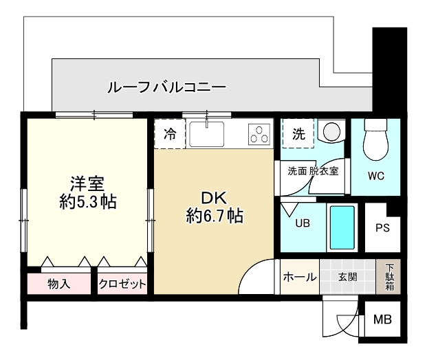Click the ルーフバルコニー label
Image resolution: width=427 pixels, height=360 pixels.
pyautogui.click(x=166, y=87)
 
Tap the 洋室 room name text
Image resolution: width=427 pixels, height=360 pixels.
pyautogui.click(x=87, y=183)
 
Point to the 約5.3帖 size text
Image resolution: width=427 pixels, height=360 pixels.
pyautogui.click(x=87, y=202)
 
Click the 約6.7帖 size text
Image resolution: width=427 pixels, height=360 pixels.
pyautogui.click(x=214, y=216)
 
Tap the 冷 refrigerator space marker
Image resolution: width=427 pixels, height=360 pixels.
pyautogui.click(x=169, y=134)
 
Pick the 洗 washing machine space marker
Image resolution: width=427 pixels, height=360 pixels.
pyautogui.click(x=298, y=134)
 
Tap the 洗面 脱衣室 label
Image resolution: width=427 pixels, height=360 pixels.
pyautogui.click(x=313, y=171)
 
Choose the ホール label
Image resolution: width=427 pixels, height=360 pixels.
pyautogui.click(x=300, y=277)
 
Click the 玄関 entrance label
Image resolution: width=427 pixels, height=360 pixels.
pyautogui.click(x=347, y=277)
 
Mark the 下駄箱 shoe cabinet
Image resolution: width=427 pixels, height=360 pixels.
pyautogui.click(x=390, y=277)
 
